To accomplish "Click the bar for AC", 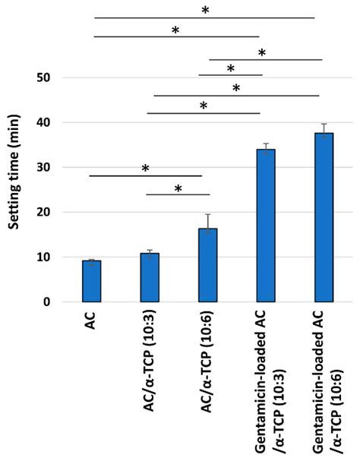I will pyautogui.click(x=92, y=281).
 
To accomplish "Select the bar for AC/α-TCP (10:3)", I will pyautogui.click(x=150, y=277).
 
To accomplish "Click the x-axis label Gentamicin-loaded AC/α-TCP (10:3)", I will pyautogui.click(x=266, y=380).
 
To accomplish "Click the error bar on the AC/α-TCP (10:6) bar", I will pyautogui.click(x=208, y=221).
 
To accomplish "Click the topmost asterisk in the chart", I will pyautogui.click(x=204, y=10).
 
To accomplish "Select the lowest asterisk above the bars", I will pyautogui.click(x=178, y=188).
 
